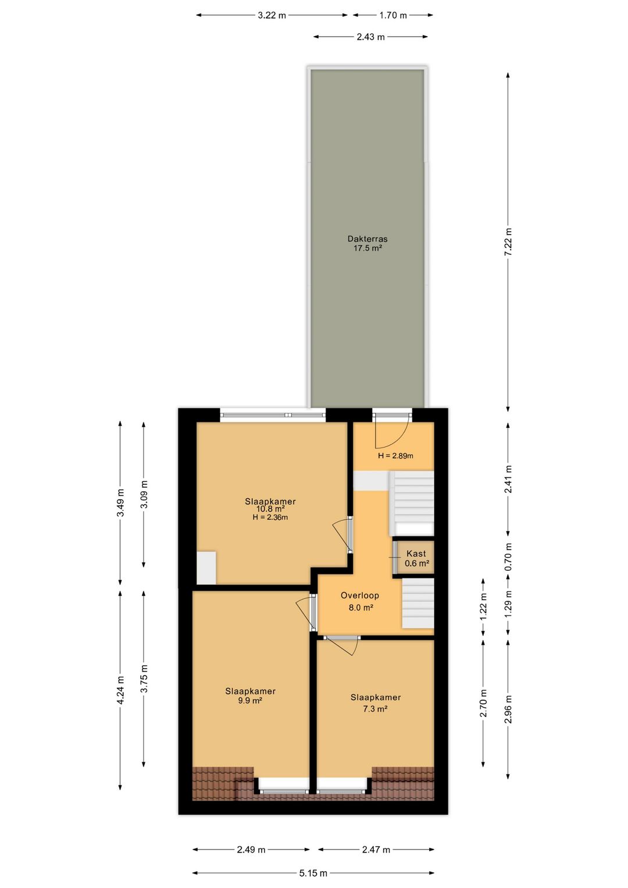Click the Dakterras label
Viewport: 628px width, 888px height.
point(367,239)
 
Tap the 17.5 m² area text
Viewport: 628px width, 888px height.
point(367,248)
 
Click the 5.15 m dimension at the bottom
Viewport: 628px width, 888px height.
point(313,873)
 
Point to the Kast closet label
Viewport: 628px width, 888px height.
point(416,553)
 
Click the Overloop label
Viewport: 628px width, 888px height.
point(360,595)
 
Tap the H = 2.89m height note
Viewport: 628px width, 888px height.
point(395,456)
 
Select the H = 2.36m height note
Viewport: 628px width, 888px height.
point(270,517)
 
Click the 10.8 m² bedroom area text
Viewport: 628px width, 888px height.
point(270,509)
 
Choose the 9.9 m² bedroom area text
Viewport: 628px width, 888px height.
point(250,701)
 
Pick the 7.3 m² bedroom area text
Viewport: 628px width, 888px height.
point(376,709)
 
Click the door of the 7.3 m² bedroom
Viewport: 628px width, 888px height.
point(342,645)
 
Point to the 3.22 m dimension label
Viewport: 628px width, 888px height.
point(272,15)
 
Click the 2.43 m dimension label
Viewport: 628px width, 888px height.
point(370,37)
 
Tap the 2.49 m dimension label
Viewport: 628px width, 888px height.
point(251,850)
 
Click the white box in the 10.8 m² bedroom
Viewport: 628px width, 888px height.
point(206,568)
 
